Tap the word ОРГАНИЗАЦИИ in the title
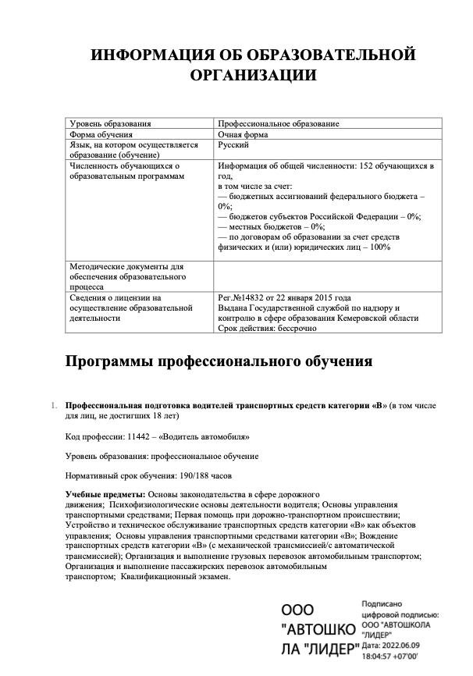tap(253, 76)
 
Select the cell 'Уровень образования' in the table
tap(110, 123)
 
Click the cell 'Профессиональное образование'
tap(279, 123)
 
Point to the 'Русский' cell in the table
tap(234, 145)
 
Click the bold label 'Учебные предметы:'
tap(105, 496)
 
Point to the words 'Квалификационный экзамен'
tap(176, 577)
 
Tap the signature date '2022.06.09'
tap(400, 645)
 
